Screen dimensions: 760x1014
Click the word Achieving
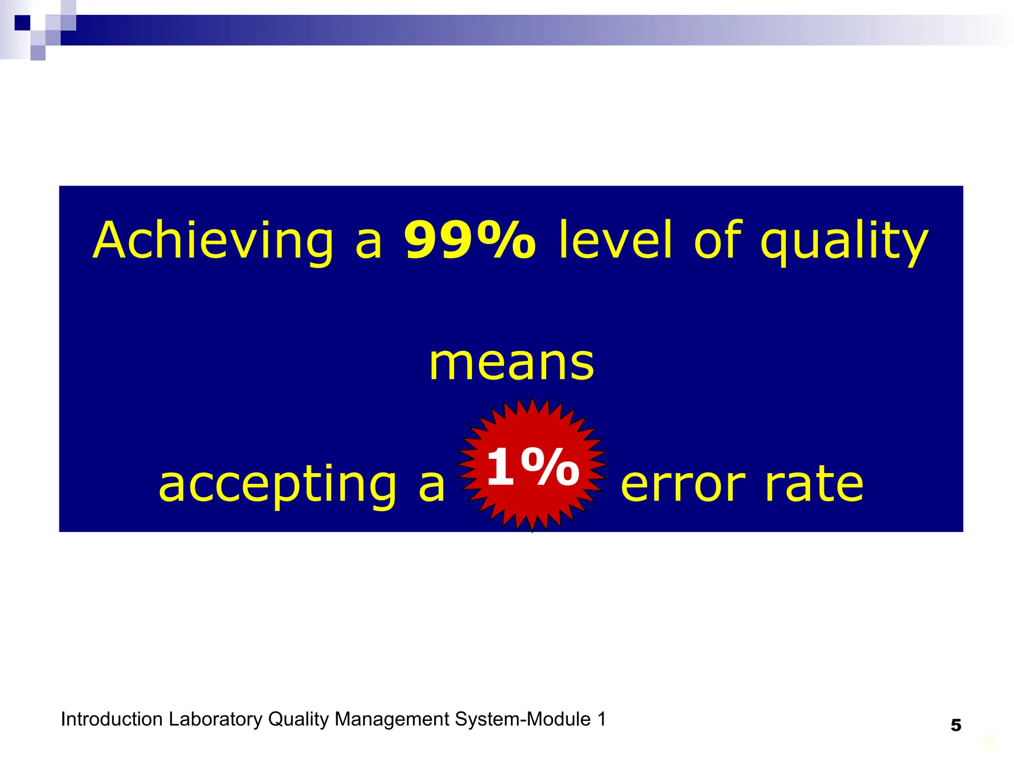[213, 241]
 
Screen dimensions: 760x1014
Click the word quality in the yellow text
[844, 242]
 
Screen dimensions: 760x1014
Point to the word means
[511, 364]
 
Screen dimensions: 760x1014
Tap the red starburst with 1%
[532, 465]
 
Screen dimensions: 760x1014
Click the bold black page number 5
[956, 725]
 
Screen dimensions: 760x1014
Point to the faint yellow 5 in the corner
[990, 743]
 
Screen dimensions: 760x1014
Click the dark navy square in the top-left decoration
[22, 23]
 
